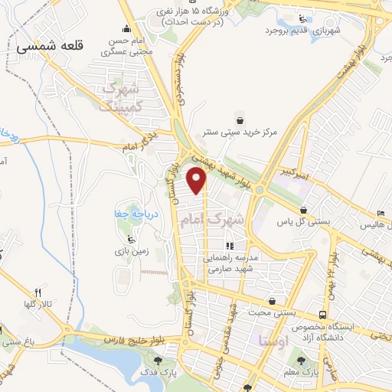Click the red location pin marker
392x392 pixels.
coord(198,180)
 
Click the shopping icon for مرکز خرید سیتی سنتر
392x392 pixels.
coord(240,120)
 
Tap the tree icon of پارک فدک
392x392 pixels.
coord(158,361)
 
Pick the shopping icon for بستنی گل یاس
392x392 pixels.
coord(304,210)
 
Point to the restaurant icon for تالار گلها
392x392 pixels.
coord(36,292)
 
